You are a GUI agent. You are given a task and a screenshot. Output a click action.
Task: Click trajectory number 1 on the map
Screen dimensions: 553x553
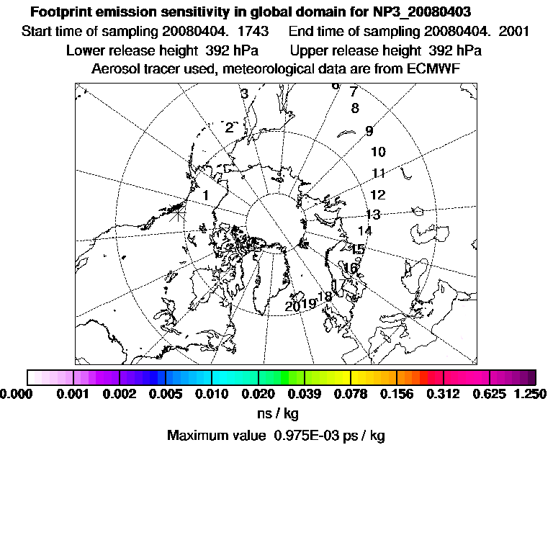pos(205,194)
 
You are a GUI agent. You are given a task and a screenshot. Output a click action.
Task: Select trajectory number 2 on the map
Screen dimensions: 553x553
pos(229,128)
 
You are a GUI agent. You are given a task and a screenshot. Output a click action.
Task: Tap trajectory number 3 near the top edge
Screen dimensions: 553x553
pos(245,94)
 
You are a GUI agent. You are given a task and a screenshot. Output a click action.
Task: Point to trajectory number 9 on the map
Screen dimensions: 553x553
pos(369,131)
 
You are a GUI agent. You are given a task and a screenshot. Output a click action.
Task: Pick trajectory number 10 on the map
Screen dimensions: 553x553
pos(378,152)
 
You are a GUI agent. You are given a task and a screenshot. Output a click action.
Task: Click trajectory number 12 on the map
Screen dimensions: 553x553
pos(378,195)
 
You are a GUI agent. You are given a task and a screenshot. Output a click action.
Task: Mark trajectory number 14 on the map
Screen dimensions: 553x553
pos(365,231)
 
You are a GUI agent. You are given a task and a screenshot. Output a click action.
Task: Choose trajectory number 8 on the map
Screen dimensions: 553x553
pos(355,109)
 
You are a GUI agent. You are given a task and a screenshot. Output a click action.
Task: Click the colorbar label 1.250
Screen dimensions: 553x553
pos(531,394)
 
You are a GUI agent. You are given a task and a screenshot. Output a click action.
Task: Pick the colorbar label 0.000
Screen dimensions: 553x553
pos(16,394)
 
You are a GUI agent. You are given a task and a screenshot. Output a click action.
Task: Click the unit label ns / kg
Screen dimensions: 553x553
pos(277,414)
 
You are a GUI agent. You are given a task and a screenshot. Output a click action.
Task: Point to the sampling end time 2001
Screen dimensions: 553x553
pos(516,32)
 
